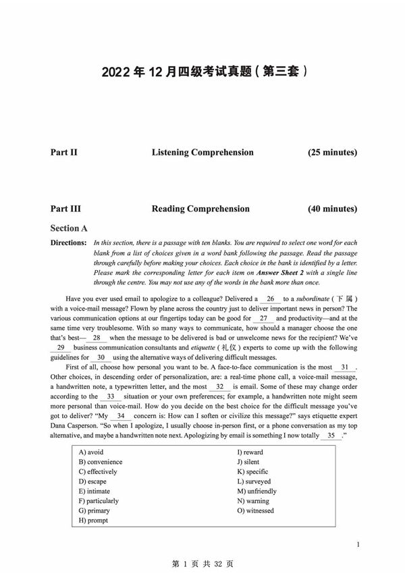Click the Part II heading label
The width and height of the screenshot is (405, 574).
click(x=63, y=153)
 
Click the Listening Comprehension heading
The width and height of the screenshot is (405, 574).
click(x=202, y=153)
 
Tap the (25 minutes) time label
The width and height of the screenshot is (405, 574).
click(x=332, y=153)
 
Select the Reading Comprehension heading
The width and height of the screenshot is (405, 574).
click(x=200, y=209)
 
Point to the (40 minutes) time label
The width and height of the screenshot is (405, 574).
click(x=332, y=209)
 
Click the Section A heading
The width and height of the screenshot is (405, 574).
click(x=69, y=229)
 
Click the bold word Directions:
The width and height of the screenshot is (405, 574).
click(x=68, y=242)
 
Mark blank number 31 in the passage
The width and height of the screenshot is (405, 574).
click(x=344, y=367)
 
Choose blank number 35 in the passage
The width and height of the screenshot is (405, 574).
click(x=330, y=436)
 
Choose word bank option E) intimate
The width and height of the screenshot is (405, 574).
click(x=94, y=492)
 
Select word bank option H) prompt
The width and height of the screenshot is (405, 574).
click(x=93, y=521)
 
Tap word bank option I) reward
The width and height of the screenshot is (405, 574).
click(x=250, y=452)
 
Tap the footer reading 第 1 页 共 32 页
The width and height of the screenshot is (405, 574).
click(x=202, y=563)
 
